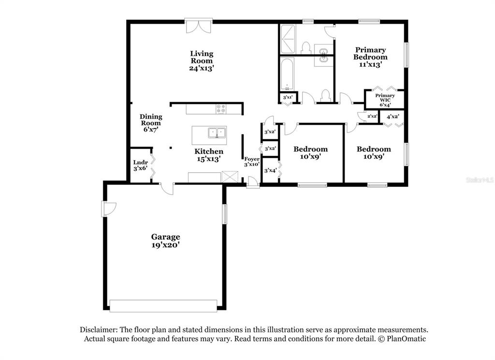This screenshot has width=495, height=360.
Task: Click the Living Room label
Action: point(202,60)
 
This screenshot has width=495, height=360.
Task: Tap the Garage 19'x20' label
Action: point(166,241)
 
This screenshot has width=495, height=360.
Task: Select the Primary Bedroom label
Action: point(370,57)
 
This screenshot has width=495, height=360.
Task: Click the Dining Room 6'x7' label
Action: point(151,123)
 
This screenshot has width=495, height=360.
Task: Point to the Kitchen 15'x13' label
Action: point(209,155)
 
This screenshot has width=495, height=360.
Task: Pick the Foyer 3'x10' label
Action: point(251,162)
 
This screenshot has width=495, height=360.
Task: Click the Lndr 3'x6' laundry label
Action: point(141,165)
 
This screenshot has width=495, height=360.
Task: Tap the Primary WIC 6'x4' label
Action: point(385,100)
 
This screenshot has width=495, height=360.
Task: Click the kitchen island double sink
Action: point(217,133)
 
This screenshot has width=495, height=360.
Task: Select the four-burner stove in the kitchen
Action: point(221,109)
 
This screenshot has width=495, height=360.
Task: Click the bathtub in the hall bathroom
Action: point(287,74)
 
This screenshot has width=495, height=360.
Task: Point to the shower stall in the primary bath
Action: point(288,39)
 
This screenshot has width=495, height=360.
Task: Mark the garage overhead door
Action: point(163,306)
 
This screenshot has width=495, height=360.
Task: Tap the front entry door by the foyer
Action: point(252,182)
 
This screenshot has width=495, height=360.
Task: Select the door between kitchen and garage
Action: point(167,188)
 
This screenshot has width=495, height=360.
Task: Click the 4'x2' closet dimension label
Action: point(393,116)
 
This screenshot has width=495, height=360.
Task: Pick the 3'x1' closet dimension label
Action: point(288,97)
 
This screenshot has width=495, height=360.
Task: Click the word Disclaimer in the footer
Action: point(99,330)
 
